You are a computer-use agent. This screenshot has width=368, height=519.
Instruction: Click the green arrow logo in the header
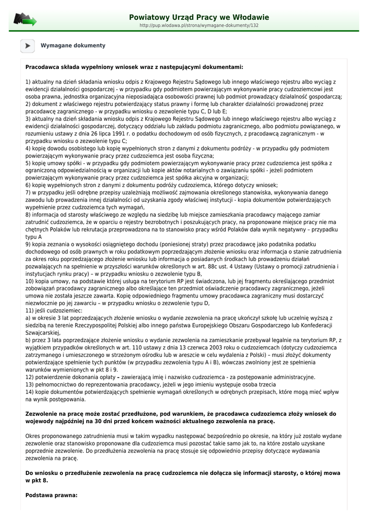point(25,20)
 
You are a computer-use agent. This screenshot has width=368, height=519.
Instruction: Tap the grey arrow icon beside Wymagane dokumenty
point(27,46)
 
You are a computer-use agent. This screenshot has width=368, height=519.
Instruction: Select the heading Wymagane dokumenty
point(73,46)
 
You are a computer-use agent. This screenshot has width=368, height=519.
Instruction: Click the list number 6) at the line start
point(28,185)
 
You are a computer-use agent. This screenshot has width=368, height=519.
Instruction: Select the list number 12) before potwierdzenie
point(30,377)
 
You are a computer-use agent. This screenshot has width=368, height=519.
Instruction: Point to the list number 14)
point(30,392)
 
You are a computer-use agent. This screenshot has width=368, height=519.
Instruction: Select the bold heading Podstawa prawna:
point(51,495)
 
